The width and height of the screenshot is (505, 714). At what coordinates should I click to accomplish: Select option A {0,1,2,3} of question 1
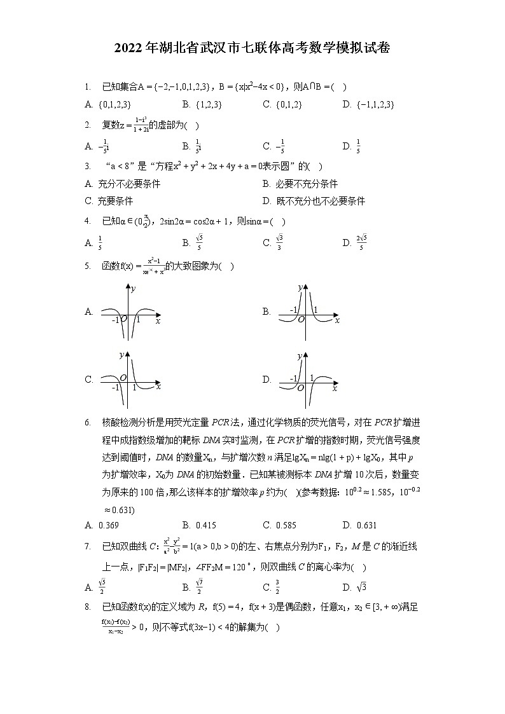point(115,104)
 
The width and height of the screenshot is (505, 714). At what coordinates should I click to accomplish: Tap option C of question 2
point(280,146)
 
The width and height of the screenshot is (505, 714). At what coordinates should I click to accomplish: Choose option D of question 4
point(361,242)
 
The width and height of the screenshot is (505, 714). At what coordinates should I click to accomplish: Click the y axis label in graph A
point(134,289)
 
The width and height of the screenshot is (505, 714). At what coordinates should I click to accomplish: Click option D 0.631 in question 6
point(366,525)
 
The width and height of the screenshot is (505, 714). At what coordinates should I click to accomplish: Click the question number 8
point(87,607)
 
